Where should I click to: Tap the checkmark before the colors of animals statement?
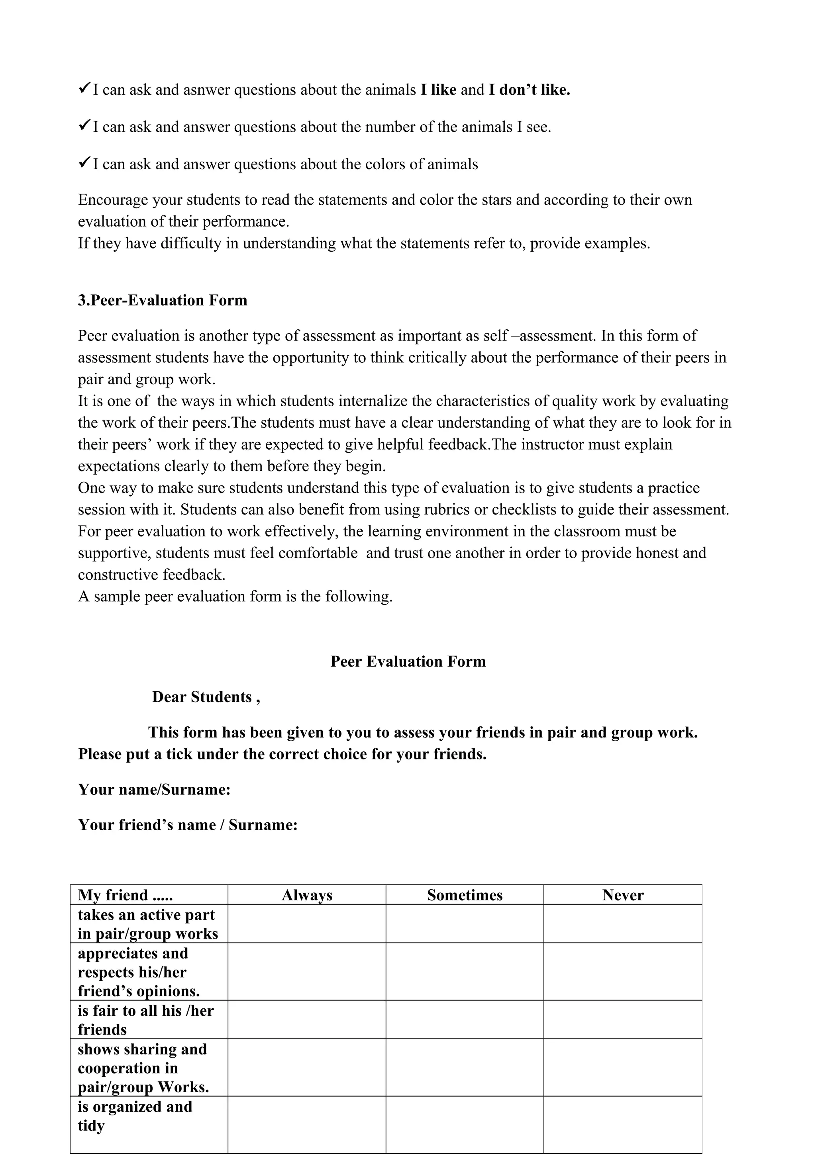[x=84, y=163]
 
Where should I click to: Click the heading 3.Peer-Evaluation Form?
[x=163, y=300]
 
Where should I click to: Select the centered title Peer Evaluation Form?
[x=408, y=661]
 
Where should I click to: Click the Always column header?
[x=307, y=895]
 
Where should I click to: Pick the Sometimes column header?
[x=465, y=895]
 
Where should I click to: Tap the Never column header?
[x=622, y=895]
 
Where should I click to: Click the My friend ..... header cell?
[x=125, y=895]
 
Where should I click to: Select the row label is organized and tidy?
[x=135, y=1116]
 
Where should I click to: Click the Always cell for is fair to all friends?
[x=307, y=1020]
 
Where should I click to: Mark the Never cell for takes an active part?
[x=622, y=924]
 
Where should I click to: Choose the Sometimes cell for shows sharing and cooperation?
[x=465, y=1068]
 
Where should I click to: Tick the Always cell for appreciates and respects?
[x=307, y=972]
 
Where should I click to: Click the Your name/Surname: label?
[x=154, y=790]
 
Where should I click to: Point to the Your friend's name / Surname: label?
[x=188, y=825]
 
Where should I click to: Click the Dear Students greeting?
[x=206, y=697]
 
